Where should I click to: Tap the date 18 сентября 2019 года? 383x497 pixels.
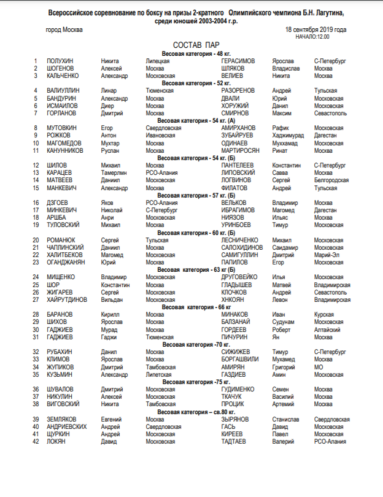[x=316, y=29]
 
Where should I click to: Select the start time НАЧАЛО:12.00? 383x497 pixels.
[x=312, y=36]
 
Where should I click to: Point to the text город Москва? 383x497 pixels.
[x=64, y=29]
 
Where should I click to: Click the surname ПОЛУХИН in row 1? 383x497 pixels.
[x=60, y=61]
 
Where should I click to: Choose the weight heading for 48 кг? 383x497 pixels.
[x=192, y=54]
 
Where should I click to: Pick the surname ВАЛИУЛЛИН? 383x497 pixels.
[x=64, y=90]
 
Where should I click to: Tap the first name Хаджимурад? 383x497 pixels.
[x=290, y=136]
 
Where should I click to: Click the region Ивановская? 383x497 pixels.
[x=160, y=136]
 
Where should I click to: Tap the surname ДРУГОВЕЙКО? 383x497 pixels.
[x=244, y=277]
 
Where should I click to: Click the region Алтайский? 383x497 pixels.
[x=328, y=329]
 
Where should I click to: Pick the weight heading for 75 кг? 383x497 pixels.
[x=192, y=382]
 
